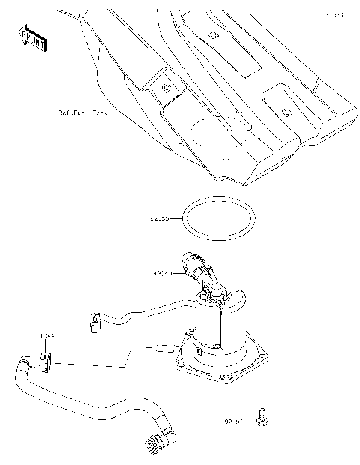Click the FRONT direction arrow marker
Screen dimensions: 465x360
tap(34, 38)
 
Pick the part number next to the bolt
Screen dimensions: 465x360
tap(234, 421)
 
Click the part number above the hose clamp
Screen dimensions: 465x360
tap(45, 338)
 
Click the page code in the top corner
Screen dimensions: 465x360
tap(334, 14)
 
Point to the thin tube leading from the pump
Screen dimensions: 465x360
tap(142, 310)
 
